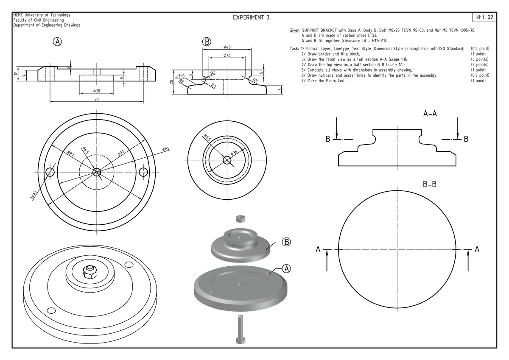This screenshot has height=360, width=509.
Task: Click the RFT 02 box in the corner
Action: point(484,17)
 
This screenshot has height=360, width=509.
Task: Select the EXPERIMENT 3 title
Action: point(251,18)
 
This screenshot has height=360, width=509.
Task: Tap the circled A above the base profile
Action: point(57,42)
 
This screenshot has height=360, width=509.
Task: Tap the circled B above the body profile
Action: point(207,42)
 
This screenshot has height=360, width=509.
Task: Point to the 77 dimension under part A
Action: point(96,99)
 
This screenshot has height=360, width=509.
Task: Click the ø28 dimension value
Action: point(96,91)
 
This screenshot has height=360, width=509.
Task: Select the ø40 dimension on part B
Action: point(227,47)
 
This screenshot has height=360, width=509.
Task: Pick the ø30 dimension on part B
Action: point(227,56)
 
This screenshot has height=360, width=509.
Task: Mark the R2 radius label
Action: point(213,73)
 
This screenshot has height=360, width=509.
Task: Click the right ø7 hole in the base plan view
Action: point(143,171)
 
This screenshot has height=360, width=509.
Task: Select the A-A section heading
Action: point(430,114)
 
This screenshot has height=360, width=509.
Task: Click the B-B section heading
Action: point(430,185)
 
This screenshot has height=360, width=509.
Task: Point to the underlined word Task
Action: point(294,49)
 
